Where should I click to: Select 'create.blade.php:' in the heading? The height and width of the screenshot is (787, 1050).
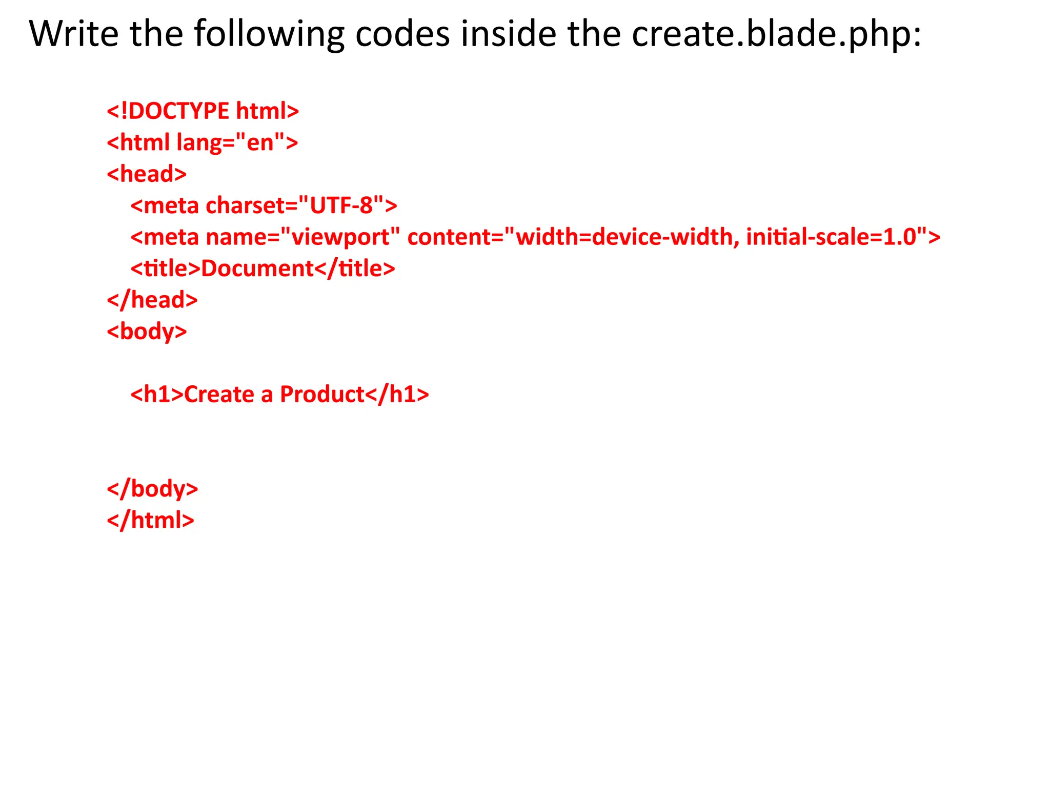(x=776, y=35)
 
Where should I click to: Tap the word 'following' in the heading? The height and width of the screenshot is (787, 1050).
(x=269, y=35)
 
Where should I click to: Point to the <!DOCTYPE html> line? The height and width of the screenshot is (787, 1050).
(x=203, y=111)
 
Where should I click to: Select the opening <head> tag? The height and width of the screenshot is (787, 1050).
(x=147, y=174)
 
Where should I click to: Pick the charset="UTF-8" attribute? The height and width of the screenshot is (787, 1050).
(x=295, y=205)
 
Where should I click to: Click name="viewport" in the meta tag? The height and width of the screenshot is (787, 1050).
(x=302, y=237)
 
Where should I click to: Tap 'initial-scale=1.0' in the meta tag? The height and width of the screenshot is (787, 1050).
(x=831, y=237)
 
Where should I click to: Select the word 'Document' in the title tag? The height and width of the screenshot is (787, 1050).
(x=257, y=268)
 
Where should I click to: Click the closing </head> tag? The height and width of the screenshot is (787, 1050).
(x=152, y=300)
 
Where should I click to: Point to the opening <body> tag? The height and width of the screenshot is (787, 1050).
(x=147, y=332)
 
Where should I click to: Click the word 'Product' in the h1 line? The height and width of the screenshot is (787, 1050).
(x=322, y=395)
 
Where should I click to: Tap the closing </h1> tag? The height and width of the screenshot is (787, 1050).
(x=397, y=395)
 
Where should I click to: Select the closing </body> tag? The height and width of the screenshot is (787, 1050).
(x=152, y=489)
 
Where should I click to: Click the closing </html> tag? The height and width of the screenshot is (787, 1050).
(x=150, y=520)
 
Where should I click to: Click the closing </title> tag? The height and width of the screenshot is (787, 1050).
(x=354, y=268)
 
